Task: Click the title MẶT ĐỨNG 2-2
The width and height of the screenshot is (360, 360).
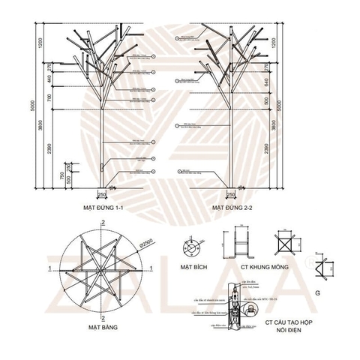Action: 232,203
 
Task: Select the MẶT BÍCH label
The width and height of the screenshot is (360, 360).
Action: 195,265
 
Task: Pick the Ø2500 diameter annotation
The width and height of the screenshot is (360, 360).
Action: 147,241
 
